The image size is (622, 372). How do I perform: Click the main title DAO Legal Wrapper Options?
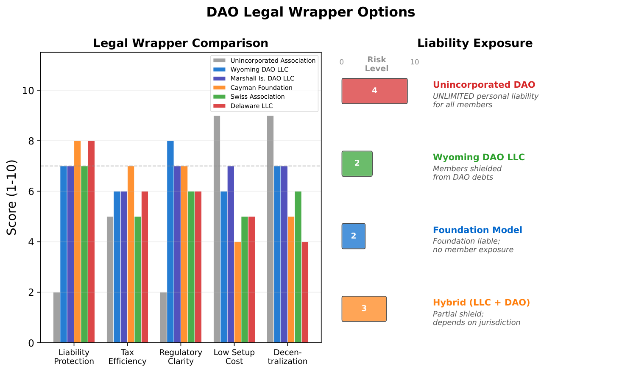310,12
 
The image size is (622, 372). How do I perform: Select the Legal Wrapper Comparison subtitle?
181,43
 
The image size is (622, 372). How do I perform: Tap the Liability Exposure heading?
475,43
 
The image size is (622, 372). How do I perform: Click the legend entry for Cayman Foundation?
261,88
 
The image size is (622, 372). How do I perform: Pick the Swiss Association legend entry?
257,97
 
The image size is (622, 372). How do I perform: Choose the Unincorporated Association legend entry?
273,61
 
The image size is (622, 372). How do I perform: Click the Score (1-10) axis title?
12,197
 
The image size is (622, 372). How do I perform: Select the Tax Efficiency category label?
127,357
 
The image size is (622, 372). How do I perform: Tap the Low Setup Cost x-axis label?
234,357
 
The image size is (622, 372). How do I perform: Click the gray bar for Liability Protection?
56,317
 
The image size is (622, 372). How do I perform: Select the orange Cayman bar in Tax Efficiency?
131,254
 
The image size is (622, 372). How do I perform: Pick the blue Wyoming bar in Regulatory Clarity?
170,242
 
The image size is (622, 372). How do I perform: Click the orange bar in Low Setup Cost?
237,292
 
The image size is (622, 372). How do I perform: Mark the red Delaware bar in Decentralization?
305,292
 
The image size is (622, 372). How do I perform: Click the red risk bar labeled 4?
374,91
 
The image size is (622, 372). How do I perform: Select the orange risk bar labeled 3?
364,308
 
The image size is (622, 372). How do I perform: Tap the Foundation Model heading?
477,230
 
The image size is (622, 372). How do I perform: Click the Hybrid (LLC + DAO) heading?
481,303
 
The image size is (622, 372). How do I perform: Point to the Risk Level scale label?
377,64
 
